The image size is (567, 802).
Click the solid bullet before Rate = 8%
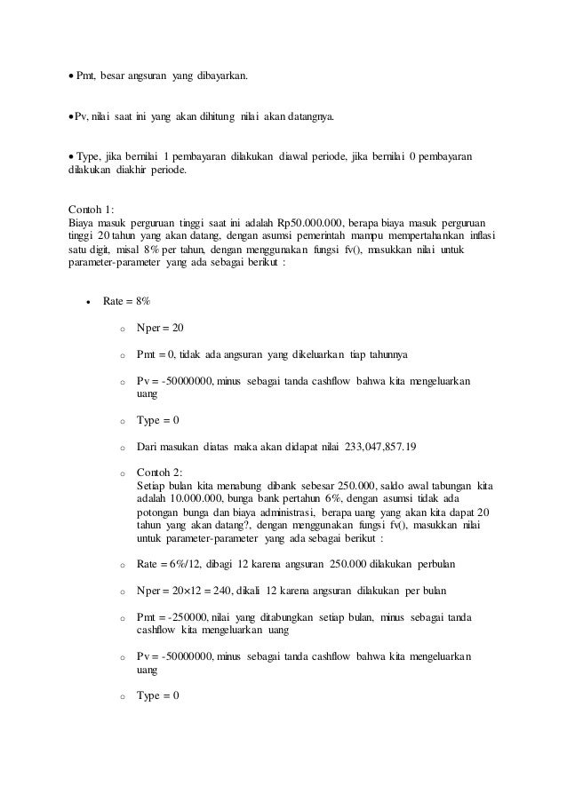pyautogui.click(x=88, y=302)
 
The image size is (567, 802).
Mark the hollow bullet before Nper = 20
pyautogui.click(x=122, y=329)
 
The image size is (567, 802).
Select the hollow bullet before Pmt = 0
pyautogui.click(x=122, y=354)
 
